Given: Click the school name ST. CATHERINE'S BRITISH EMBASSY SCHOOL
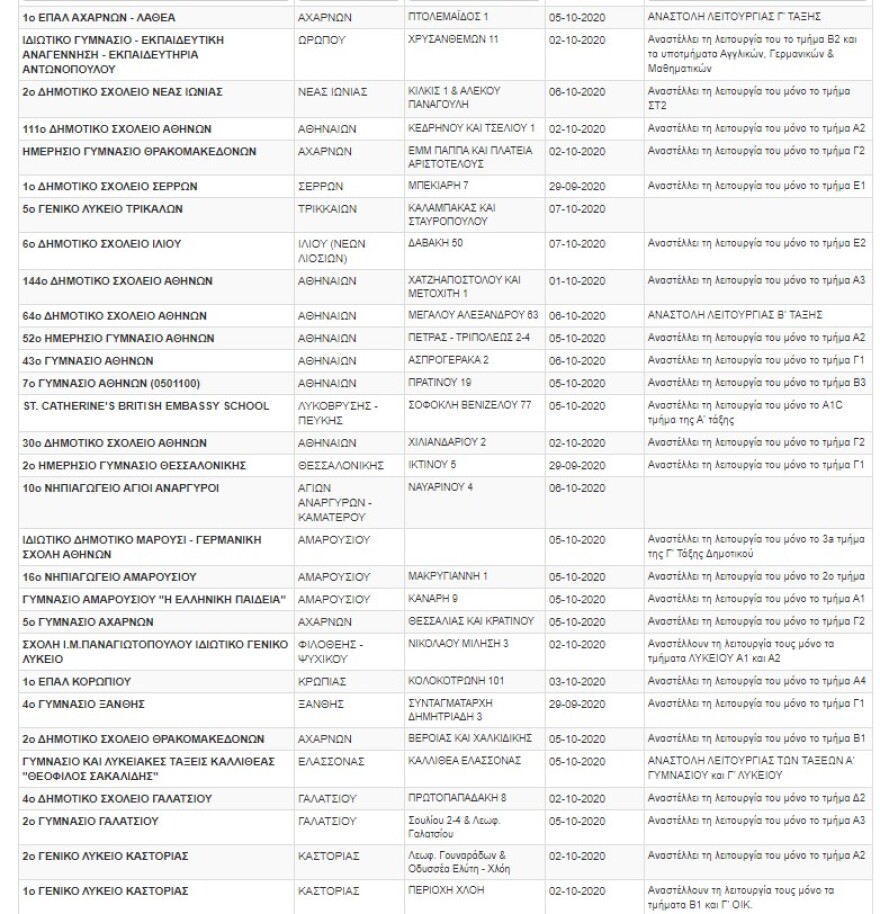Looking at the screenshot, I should pyautogui.click(x=146, y=405).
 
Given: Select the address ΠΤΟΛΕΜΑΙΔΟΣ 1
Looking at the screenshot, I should pyautogui.click(x=448, y=18).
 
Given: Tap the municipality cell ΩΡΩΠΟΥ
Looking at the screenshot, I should pyautogui.click(x=321, y=40).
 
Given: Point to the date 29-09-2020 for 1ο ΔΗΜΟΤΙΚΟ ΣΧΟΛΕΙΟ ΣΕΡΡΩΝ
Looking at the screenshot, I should pyautogui.click(x=577, y=186).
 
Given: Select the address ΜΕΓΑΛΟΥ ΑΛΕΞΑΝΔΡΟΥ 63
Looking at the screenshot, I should pyautogui.click(x=474, y=314).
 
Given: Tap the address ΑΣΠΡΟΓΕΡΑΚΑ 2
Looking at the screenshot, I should pyautogui.click(x=449, y=360).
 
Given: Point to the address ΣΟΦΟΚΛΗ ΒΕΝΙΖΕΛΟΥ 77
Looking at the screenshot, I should pyautogui.click(x=471, y=405).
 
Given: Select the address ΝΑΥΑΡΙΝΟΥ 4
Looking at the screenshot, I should pyautogui.click(x=441, y=487).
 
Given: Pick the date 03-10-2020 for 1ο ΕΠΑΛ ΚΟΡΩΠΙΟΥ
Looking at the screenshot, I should pyautogui.click(x=577, y=681).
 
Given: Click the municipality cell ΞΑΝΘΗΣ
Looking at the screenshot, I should pyautogui.click(x=321, y=704).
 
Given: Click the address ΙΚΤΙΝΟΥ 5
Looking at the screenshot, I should pyautogui.click(x=432, y=465).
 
